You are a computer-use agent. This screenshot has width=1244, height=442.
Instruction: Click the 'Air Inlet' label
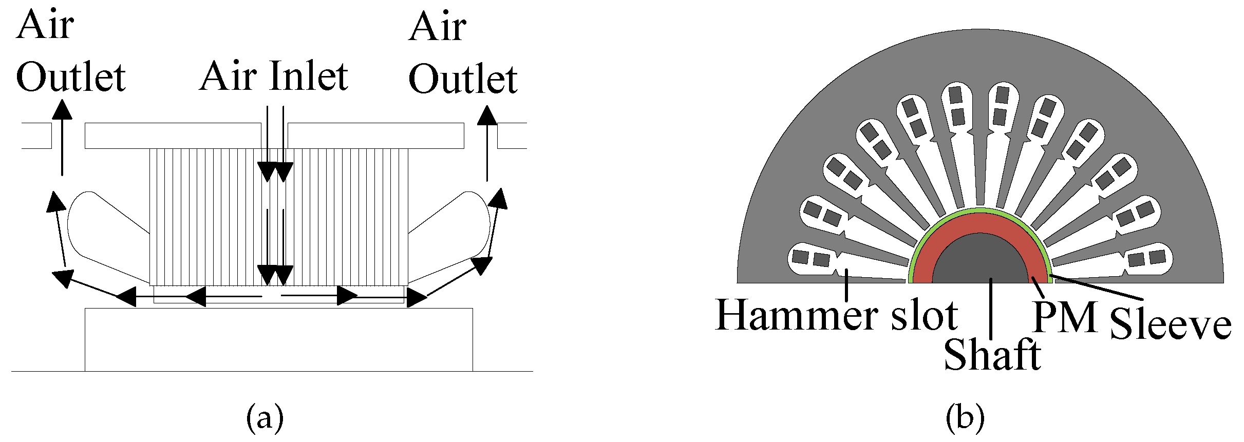point(274,76)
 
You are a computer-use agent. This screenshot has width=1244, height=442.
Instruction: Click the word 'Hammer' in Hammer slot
point(796,315)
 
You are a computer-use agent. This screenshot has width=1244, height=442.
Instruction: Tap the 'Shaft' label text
point(992,355)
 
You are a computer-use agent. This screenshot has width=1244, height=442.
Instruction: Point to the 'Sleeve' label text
point(1170,324)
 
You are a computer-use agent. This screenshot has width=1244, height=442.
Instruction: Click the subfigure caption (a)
point(265,417)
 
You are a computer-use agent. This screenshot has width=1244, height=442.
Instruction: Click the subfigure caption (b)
point(965,417)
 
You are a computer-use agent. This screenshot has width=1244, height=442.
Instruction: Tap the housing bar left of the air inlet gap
point(173,136)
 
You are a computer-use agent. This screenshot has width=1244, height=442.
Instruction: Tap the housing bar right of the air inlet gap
point(375,136)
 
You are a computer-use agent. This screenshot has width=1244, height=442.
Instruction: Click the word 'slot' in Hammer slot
point(924,315)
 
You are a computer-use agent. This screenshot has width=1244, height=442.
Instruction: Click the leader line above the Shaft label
point(991,308)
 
